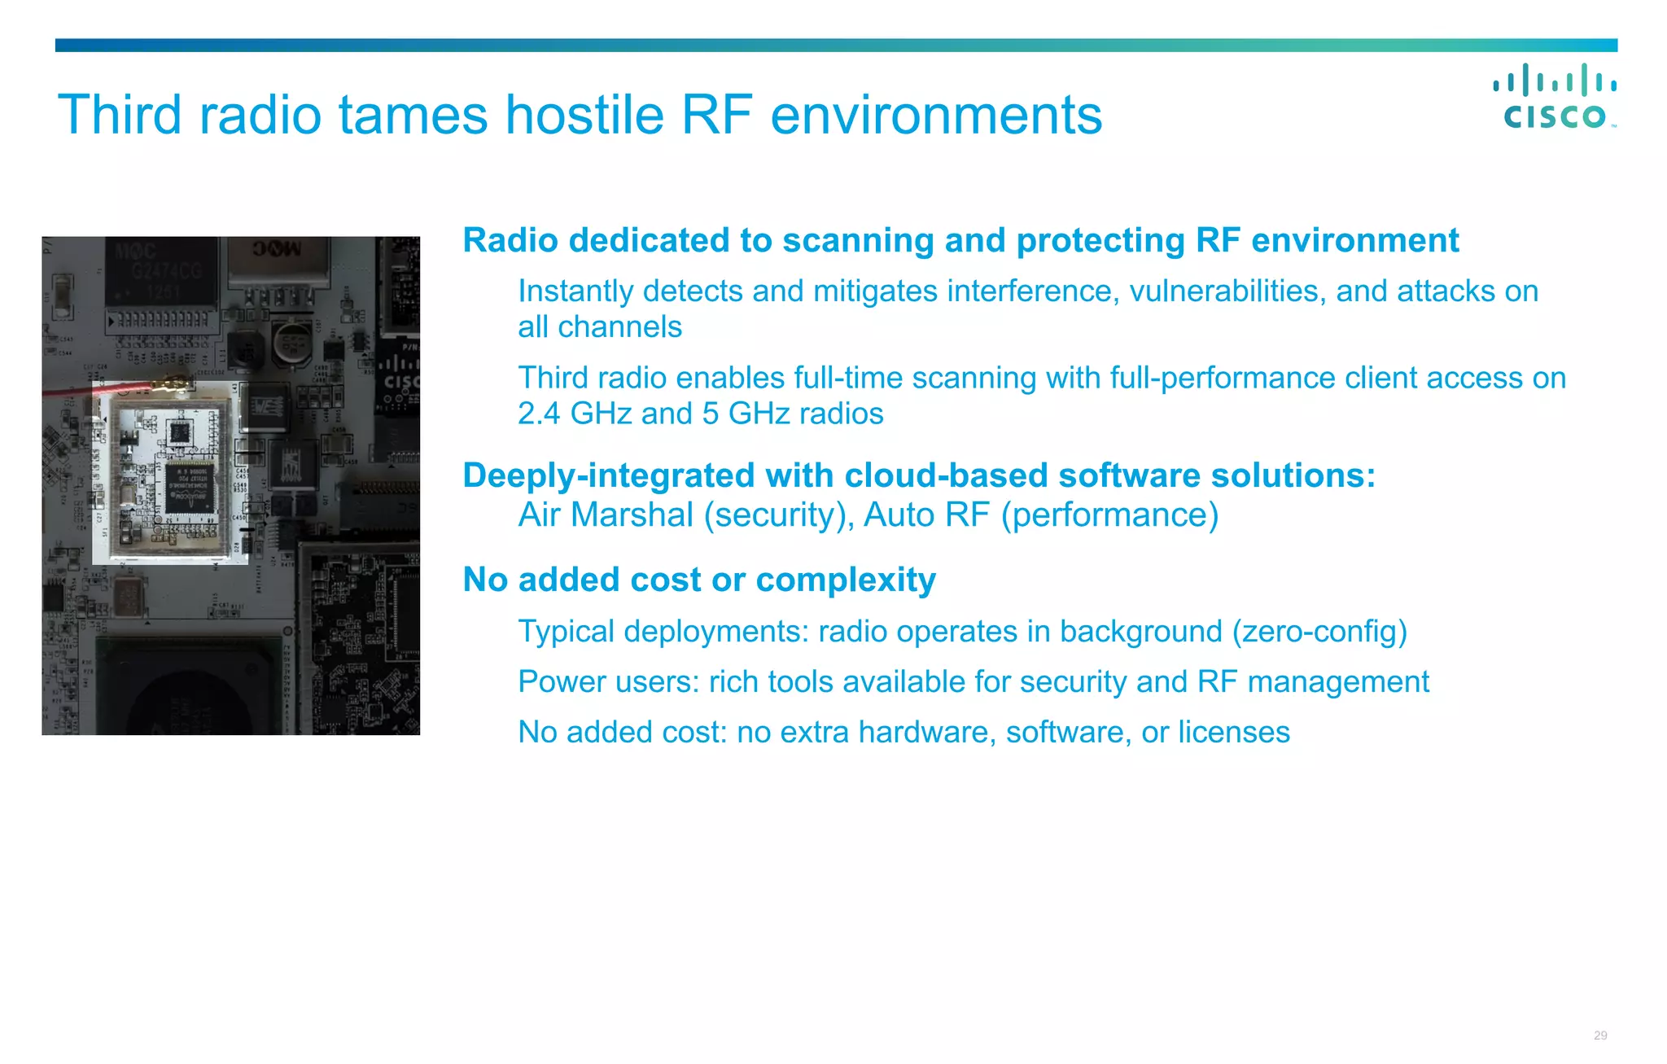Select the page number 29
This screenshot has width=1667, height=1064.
pyautogui.click(x=1600, y=1036)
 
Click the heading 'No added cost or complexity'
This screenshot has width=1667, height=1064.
pyautogui.click(x=698, y=580)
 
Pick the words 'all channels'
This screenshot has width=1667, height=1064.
pyautogui.click(x=600, y=327)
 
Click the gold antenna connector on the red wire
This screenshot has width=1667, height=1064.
pyautogui.click(x=175, y=381)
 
